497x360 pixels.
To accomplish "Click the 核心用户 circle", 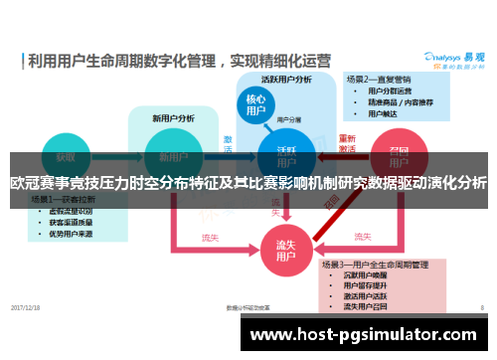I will [x=255, y=106].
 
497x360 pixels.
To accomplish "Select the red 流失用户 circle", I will [x=286, y=248].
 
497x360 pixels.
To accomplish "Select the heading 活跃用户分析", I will [x=286, y=79].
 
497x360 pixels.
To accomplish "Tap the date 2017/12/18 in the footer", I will [x=27, y=307].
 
